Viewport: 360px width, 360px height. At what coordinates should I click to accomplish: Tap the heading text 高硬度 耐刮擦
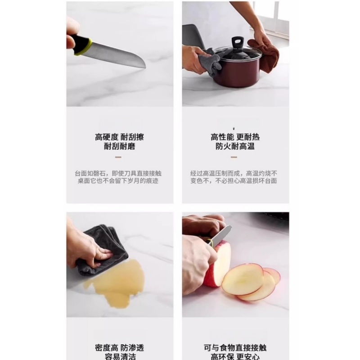click(119, 137)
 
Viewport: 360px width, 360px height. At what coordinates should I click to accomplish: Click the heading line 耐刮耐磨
click(119, 146)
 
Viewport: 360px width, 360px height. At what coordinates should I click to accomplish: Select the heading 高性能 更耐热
click(235, 137)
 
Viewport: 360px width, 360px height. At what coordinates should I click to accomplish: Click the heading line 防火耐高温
click(235, 146)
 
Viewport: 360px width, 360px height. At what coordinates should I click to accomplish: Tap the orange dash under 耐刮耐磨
click(118, 157)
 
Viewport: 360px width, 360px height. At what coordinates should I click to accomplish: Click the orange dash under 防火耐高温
click(234, 157)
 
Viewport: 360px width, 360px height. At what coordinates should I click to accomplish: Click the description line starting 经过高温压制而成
click(234, 173)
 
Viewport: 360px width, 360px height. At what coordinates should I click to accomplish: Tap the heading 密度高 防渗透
click(119, 347)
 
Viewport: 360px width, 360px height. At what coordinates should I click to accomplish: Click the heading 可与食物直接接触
click(235, 347)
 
